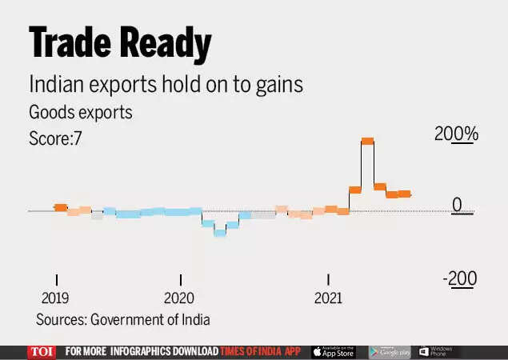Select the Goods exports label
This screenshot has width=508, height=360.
[80, 112]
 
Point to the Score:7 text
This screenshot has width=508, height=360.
[56, 138]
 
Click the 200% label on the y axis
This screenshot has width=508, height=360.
[456, 134]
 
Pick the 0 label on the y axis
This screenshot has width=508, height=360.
[458, 205]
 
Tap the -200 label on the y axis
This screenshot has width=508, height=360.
[460, 279]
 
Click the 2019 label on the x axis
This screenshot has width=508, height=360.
[55, 298]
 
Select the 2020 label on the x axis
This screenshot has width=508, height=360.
[179, 298]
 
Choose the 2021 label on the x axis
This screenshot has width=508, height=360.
[328, 298]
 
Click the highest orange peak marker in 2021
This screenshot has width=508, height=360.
[368, 142]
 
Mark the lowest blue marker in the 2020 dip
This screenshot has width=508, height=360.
[220, 233]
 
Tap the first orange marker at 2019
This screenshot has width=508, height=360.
[60, 207]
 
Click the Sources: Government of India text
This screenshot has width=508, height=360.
[122, 320]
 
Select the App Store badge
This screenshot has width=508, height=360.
[334, 352]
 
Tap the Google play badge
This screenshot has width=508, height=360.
[390, 352]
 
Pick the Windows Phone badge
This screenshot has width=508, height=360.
[436, 352]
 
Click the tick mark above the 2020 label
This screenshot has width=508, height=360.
[181, 279]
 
